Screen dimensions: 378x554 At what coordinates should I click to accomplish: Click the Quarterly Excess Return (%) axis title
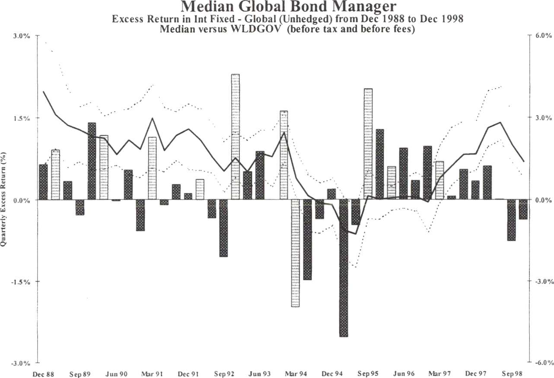coord(4,199)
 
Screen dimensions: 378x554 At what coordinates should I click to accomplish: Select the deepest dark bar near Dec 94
coord(344,268)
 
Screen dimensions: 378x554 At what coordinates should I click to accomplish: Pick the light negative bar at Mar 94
coord(296,253)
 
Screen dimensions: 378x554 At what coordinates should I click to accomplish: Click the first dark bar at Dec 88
coord(43,182)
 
